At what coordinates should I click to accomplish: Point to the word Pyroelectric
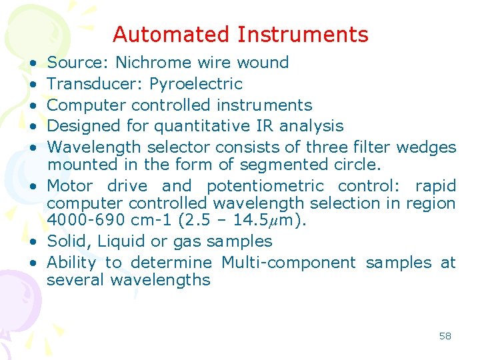click(x=195, y=84)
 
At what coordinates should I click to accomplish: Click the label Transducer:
click(x=96, y=84)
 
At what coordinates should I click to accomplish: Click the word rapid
click(x=435, y=185)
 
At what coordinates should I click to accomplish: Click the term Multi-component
click(x=289, y=263)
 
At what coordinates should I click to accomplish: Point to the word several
click(x=76, y=280)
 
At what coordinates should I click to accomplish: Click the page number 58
click(x=445, y=336)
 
